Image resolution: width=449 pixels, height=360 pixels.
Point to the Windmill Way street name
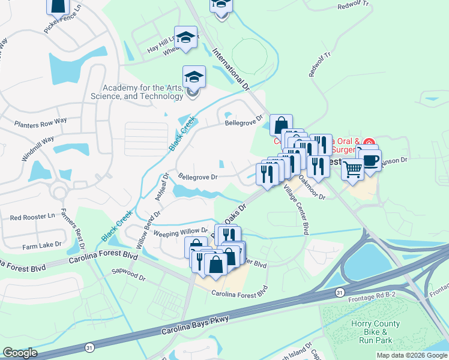[x=38, y=148]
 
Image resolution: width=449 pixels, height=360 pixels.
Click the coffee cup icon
[x=370, y=160]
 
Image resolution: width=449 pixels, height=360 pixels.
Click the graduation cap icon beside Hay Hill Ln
[x=186, y=37]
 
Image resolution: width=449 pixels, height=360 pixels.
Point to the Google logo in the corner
[x=20, y=353]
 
